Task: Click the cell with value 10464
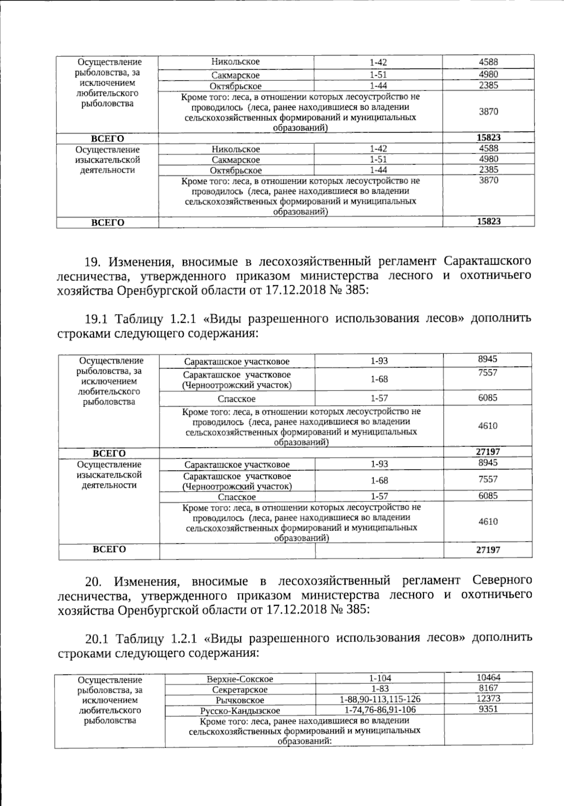(488, 677)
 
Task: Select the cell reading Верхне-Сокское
(240, 679)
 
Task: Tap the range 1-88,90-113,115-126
(380, 699)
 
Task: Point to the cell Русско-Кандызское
(240, 711)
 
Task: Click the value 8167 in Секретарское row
(488, 688)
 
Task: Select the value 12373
(488, 698)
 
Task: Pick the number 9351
(488, 709)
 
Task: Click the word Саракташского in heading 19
(487, 260)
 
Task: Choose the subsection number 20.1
(96, 638)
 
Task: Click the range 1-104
(380, 678)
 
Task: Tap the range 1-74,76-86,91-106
(380, 710)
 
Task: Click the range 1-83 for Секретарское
(380, 689)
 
